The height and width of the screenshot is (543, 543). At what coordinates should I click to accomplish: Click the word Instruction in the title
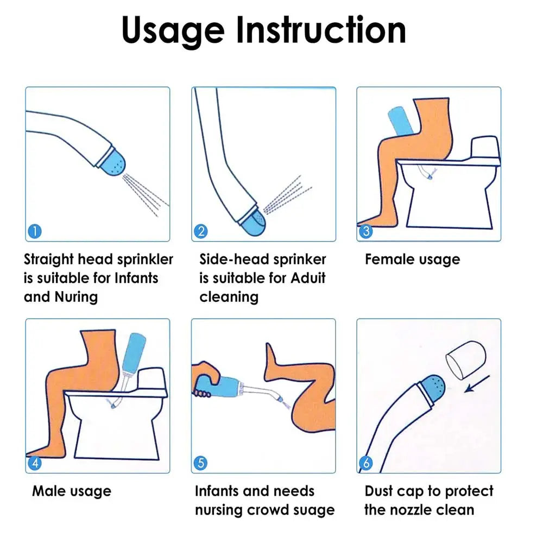click(321, 30)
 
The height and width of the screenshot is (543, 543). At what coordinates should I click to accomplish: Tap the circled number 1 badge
click(34, 231)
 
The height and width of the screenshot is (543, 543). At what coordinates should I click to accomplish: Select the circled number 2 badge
click(200, 231)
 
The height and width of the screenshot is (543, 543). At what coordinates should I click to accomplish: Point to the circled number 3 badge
click(366, 231)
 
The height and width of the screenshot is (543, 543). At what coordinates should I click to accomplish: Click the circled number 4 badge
click(34, 463)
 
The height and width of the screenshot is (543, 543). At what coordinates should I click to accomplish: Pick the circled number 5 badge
click(200, 463)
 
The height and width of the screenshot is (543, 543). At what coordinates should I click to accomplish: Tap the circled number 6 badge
click(366, 463)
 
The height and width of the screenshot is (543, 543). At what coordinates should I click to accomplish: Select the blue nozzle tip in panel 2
click(253, 223)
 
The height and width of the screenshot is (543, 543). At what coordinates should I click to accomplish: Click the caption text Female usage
click(412, 260)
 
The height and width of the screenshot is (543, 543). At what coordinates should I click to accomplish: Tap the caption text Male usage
click(71, 491)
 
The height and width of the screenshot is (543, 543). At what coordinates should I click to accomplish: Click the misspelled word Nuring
click(76, 297)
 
